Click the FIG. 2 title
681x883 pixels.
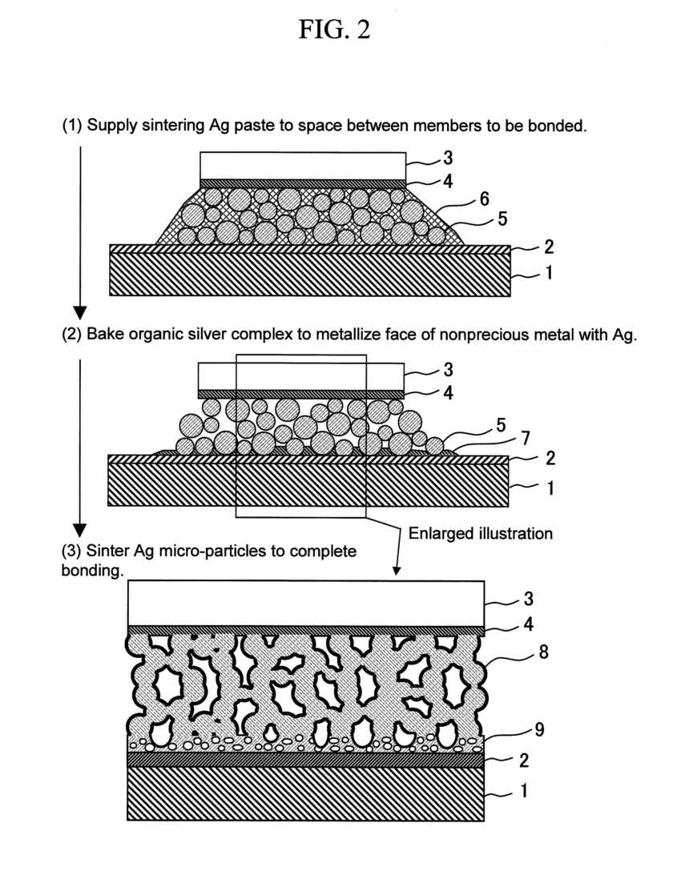(x=335, y=31)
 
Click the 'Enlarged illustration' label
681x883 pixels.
(x=480, y=533)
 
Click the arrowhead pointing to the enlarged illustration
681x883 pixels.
(x=396, y=572)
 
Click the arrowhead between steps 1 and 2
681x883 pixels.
(x=79, y=311)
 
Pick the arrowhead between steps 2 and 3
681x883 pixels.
(x=79, y=530)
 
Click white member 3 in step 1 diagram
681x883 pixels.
(x=303, y=166)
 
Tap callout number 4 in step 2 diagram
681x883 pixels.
(x=447, y=392)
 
